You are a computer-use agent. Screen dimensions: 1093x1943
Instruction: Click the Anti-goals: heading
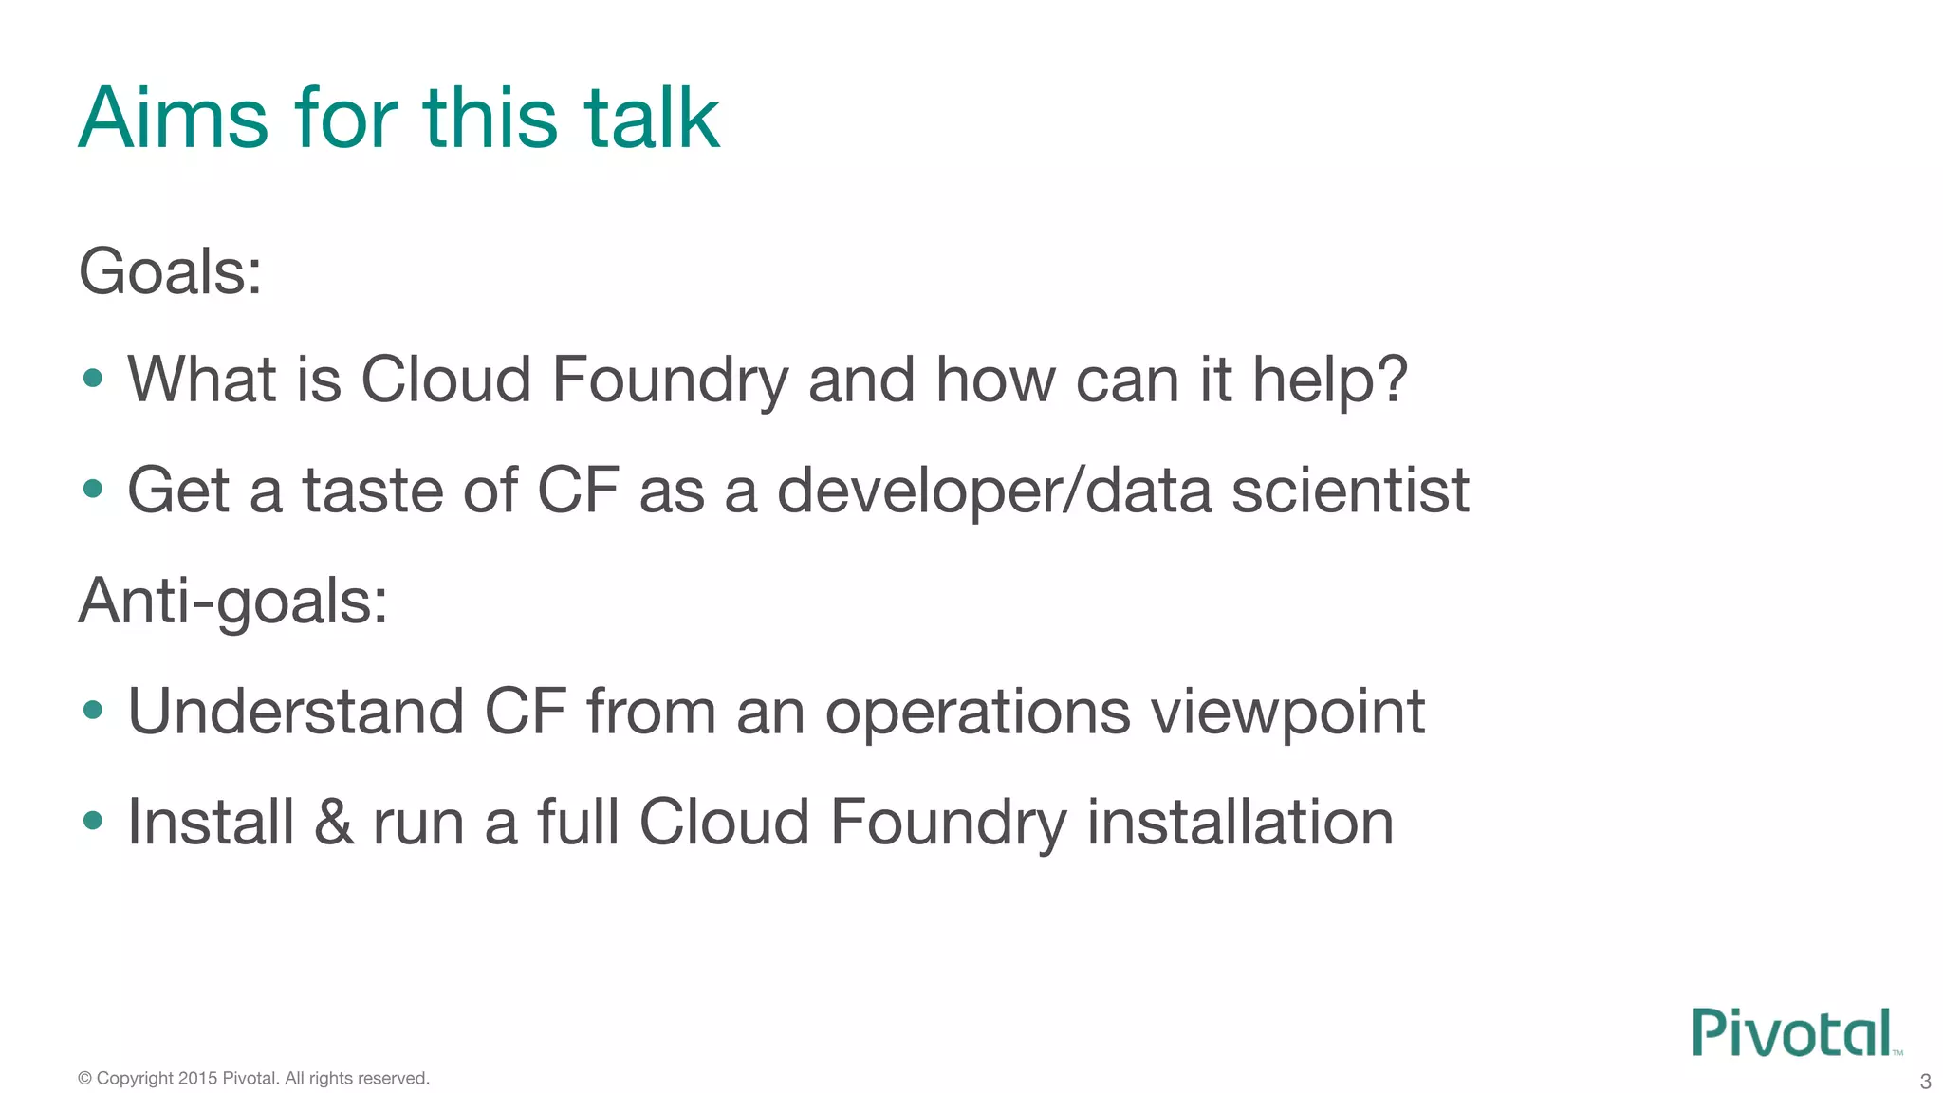point(233,602)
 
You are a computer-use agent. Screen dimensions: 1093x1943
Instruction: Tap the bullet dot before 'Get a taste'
point(93,490)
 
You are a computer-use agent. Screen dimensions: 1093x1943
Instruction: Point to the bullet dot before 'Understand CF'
point(93,711)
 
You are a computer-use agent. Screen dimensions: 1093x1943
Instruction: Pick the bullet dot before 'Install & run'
point(93,821)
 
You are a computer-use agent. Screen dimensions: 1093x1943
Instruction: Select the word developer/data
point(994,491)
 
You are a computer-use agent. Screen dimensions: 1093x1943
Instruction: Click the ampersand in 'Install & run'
point(334,822)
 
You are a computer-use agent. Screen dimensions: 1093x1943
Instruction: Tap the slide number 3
point(1925,1082)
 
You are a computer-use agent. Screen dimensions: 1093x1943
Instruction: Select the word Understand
point(296,712)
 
